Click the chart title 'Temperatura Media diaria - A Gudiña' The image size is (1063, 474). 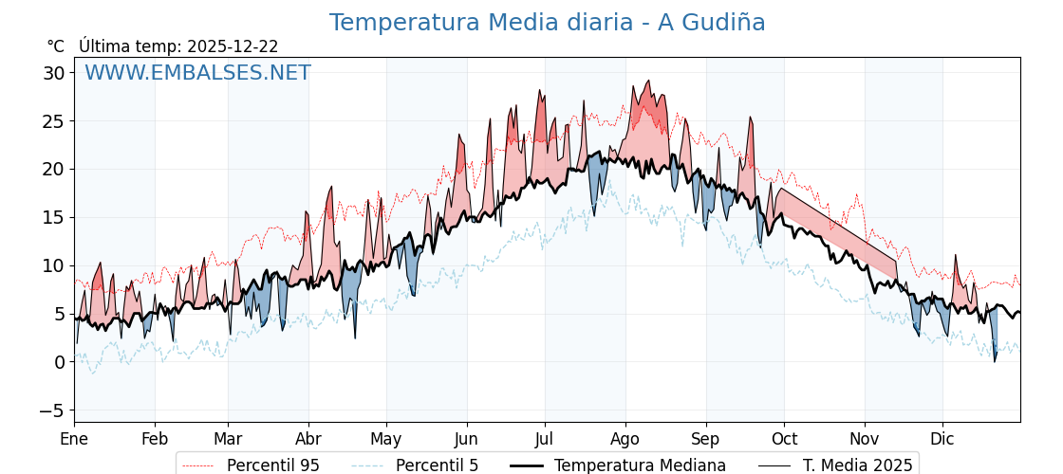(x=547, y=23)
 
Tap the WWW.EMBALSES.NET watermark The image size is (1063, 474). (x=197, y=73)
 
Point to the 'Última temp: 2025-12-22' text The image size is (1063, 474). (x=178, y=46)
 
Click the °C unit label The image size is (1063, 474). (x=55, y=46)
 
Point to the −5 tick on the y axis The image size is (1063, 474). (x=52, y=410)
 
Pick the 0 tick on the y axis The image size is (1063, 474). (x=60, y=362)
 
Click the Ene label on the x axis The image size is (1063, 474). (x=74, y=439)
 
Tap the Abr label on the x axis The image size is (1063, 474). (x=308, y=439)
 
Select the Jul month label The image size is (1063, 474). (x=545, y=439)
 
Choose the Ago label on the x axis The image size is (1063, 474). (x=625, y=439)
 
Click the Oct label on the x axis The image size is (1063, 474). (x=784, y=439)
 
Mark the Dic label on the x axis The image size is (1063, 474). (x=942, y=439)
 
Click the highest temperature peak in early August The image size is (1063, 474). (x=648, y=82)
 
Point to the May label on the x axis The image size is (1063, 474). (x=386, y=439)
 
